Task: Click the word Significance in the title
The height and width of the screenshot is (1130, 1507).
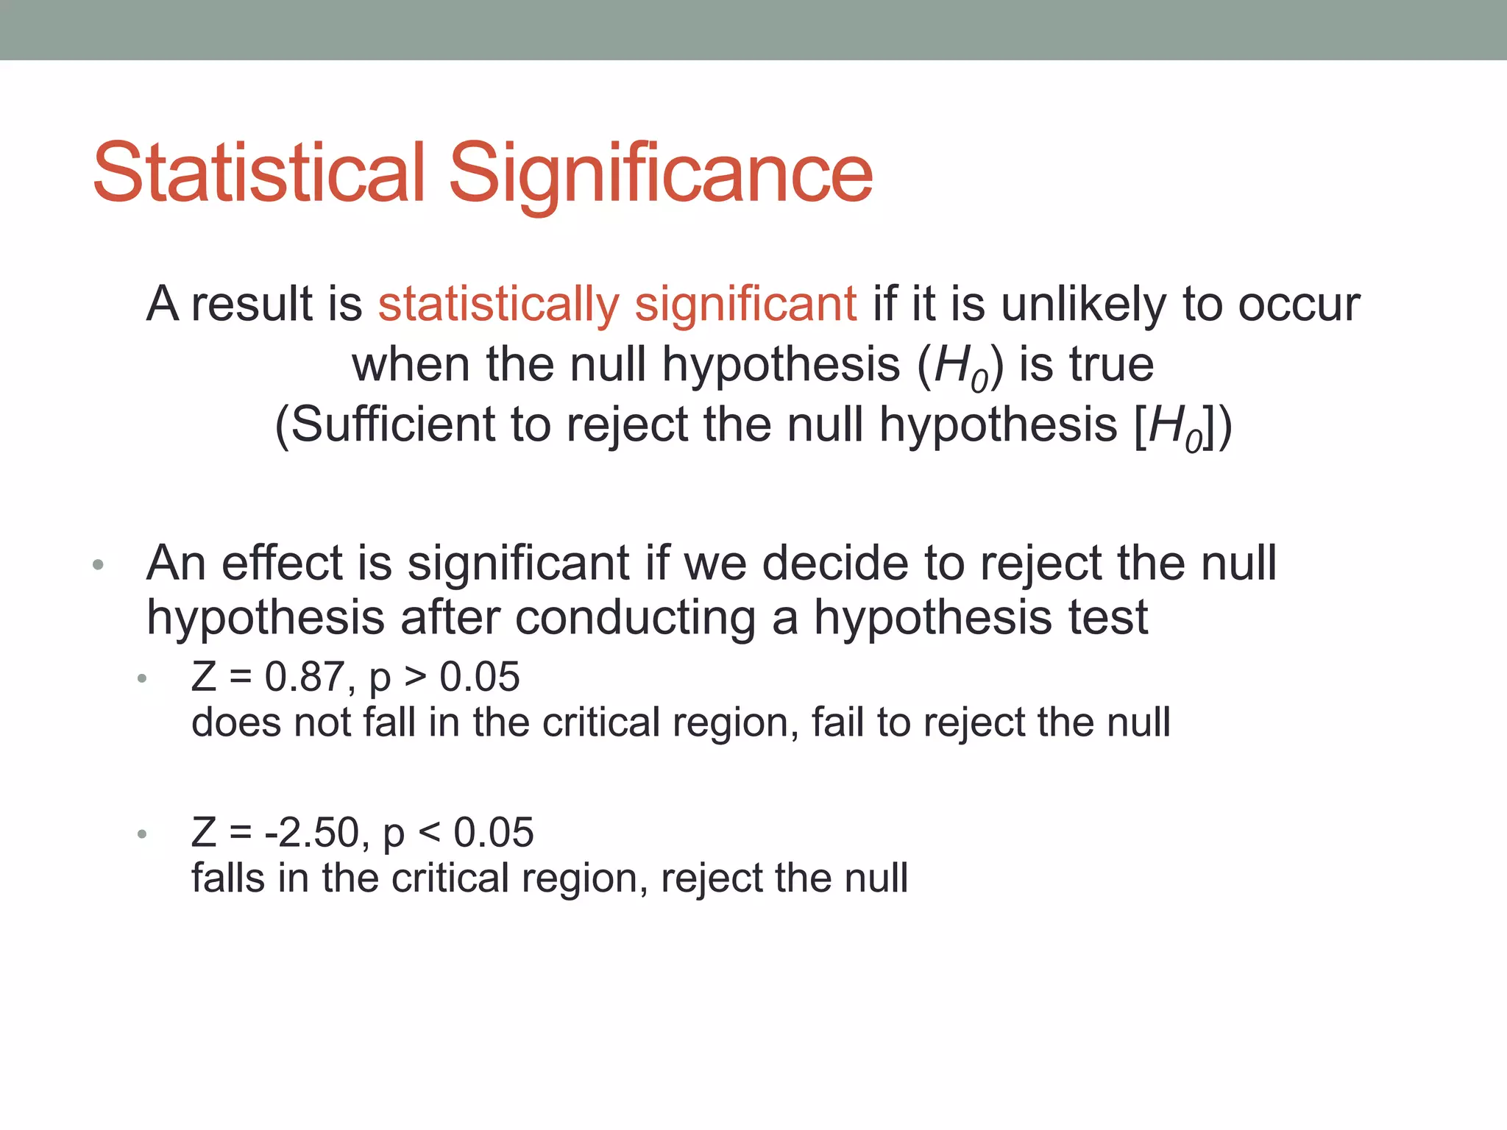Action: [x=660, y=174]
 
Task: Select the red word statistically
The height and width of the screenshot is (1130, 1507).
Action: [x=498, y=304]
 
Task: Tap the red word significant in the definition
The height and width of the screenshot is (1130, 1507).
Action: [x=745, y=304]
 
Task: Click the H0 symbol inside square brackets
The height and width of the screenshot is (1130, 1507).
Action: [x=1175, y=427]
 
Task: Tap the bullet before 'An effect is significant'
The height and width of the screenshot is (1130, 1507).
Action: [x=99, y=566]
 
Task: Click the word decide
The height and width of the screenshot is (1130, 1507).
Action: [x=834, y=563]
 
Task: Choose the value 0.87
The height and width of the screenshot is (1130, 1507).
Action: [x=303, y=677]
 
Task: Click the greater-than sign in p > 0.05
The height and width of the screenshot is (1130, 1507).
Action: [x=416, y=677]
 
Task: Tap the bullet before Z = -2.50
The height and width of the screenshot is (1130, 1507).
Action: [x=142, y=834]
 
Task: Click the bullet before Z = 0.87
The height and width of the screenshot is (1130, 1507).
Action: [x=142, y=678]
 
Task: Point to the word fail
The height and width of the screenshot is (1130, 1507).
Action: [x=837, y=722]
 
